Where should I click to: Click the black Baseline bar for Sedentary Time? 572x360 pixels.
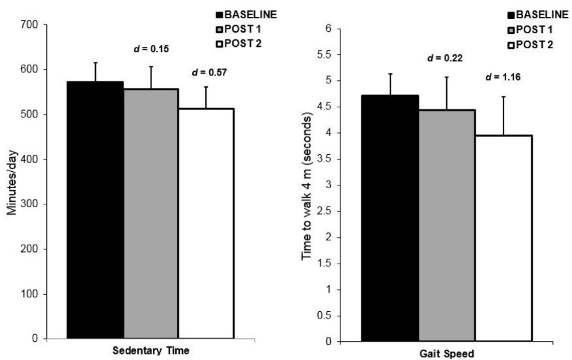click(95, 211)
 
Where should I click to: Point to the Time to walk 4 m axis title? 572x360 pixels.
click(308, 185)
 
